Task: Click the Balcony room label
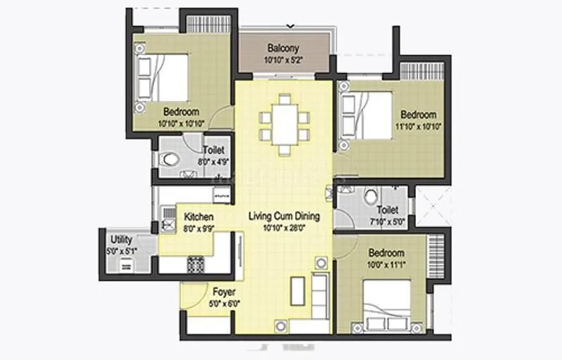[283, 49]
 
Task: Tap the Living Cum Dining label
[284, 215]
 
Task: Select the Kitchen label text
[199, 217]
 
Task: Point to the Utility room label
[122, 240]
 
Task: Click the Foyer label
[224, 292]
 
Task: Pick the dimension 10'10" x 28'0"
[284, 228]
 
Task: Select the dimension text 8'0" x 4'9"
[214, 161]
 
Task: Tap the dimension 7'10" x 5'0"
[387, 221]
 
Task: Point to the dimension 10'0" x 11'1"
[386, 264]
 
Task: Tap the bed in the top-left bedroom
[163, 75]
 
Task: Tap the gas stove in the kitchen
[194, 264]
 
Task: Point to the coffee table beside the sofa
[298, 290]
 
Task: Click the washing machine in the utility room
[127, 264]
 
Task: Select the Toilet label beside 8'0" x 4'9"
[214, 150]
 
